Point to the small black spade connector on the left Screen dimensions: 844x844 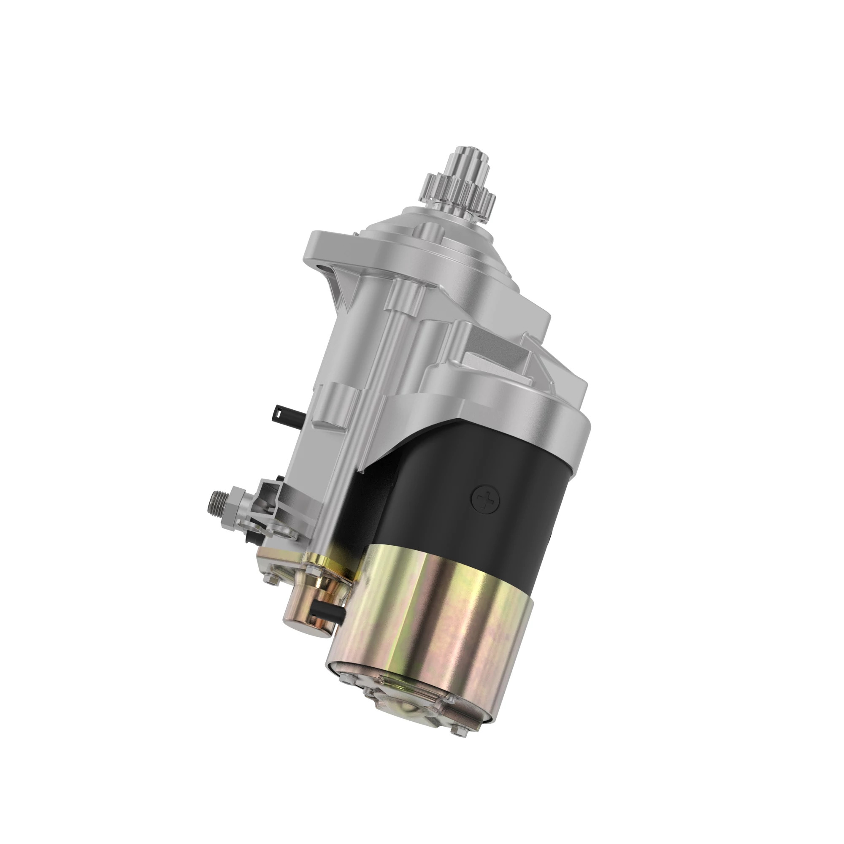(x=283, y=411)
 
